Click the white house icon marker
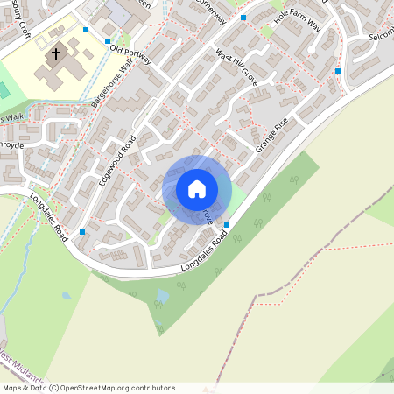point(197,189)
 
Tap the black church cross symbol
point(57,54)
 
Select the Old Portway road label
point(130,54)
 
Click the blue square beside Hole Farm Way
point(244,18)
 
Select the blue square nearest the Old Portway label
point(108,41)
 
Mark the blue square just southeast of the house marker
point(227,225)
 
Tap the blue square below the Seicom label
point(338,71)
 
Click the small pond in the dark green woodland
point(162,297)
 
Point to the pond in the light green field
point(66,296)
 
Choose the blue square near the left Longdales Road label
point(82,232)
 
